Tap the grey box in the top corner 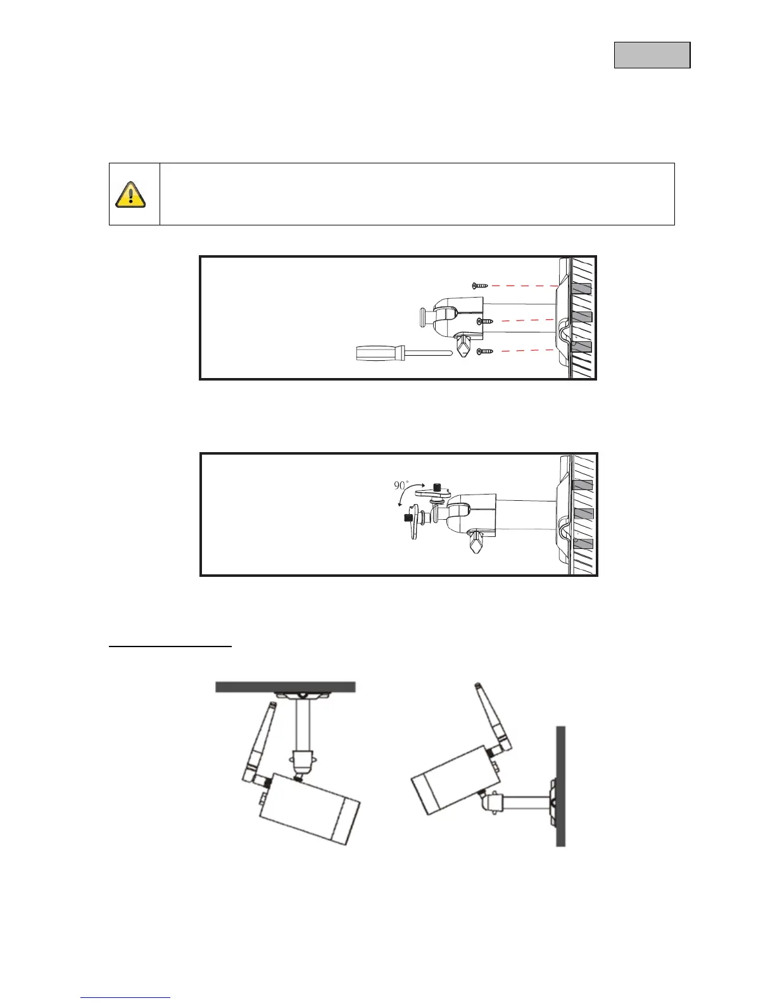point(652,55)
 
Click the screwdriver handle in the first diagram point(377,353)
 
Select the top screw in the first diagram point(480,286)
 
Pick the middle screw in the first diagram point(484,322)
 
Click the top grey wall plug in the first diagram point(581,288)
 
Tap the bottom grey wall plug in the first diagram point(581,346)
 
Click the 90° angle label point(401,485)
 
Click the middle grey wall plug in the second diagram point(583,514)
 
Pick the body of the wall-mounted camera point(450,779)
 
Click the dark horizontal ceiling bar point(285,687)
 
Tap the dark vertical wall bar point(560,785)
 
